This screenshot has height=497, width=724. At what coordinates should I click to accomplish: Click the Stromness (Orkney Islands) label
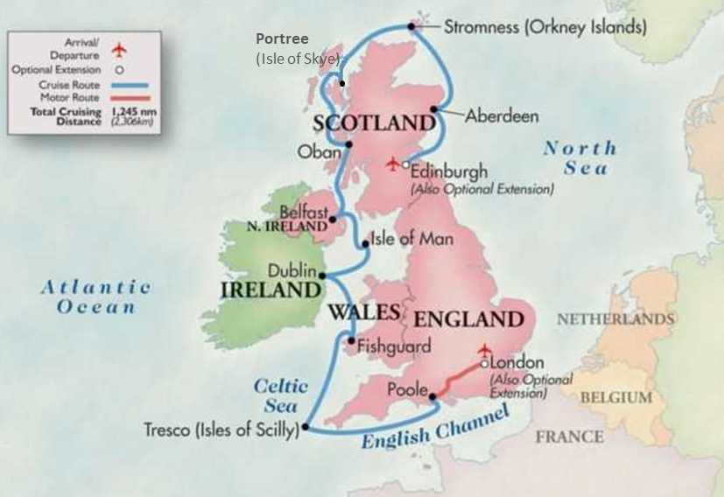545,27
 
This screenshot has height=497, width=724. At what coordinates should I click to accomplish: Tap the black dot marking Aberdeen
433,109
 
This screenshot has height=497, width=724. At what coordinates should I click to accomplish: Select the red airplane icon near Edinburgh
393,164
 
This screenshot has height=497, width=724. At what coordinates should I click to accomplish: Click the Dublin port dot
322,276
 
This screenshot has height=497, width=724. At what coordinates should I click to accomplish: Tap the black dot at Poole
432,397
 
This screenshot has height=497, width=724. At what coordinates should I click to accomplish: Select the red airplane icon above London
483,350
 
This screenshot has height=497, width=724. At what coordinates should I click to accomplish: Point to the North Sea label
580,157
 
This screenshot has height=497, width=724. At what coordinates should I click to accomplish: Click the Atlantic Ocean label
96,296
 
